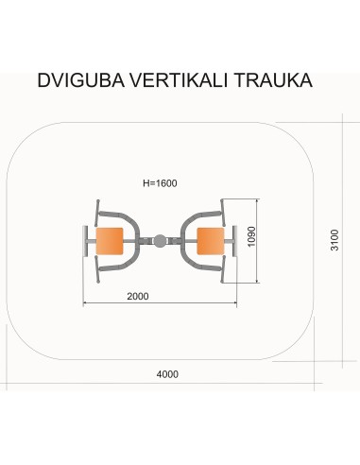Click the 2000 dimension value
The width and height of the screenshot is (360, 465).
(138, 297)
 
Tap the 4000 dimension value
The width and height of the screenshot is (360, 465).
(167, 374)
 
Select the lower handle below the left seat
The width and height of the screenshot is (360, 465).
(108, 270)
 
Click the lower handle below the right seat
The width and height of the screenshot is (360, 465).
(214, 270)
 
